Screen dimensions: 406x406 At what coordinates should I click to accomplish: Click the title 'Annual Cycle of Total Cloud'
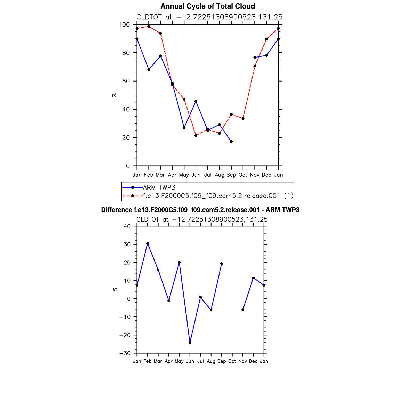[208, 6]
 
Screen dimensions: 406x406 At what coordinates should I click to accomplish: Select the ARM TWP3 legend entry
[159, 188]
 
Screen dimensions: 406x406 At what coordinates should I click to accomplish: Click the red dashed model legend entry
[211, 196]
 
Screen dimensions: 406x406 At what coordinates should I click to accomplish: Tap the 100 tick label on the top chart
[124, 25]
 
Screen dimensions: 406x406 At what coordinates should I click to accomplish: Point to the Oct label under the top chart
[243, 175]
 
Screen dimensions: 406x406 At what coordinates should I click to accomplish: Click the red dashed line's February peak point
[149, 27]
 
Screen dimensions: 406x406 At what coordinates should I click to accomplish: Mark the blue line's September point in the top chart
[231, 142]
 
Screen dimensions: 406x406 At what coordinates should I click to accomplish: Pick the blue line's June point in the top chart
[196, 101]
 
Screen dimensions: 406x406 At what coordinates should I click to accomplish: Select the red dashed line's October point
[243, 118]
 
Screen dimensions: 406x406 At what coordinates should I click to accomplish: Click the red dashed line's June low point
[196, 135]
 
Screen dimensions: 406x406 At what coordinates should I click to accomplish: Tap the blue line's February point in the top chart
[149, 70]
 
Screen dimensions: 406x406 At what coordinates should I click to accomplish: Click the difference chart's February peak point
[148, 243]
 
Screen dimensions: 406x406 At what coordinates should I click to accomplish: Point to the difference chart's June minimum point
[190, 343]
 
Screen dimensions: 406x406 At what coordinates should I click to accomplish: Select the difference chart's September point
[222, 264]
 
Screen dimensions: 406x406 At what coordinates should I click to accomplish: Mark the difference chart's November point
[243, 310]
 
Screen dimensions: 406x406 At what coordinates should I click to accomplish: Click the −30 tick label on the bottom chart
[125, 353]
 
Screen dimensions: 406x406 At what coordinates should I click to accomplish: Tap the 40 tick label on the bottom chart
[127, 226]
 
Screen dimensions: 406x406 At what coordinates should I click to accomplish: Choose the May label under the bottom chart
[179, 361]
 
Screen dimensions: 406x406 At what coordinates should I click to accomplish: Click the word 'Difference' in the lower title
[117, 210]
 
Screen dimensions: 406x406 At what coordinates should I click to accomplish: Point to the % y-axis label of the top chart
[114, 95]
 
